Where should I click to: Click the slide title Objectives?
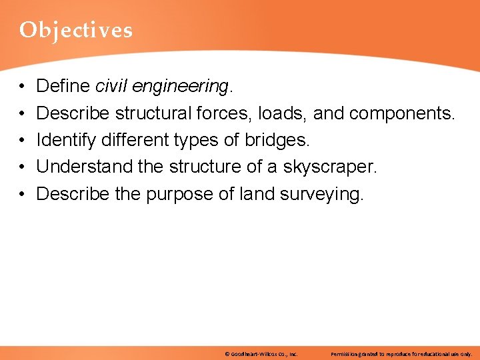pos(75,30)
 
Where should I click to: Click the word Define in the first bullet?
pos(63,86)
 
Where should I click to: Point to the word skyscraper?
pos(330,167)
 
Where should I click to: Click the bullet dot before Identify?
pos(22,141)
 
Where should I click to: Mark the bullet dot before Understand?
pos(22,167)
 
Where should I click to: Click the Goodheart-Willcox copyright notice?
pos(261,353)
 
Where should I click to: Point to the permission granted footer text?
pos(401,353)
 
